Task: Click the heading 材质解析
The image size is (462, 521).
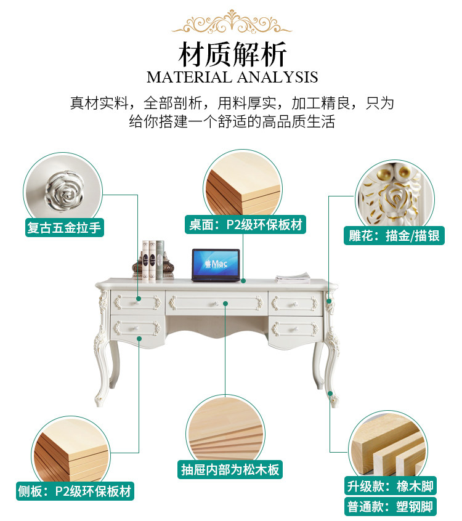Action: point(232,54)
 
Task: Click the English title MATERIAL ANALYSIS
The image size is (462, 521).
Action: point(232,78)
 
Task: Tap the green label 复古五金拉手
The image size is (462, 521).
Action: point(63,228)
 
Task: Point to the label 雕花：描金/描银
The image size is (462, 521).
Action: point(394,235)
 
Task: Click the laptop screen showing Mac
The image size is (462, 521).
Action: point(215,264)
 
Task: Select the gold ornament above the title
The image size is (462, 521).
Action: point(231,22)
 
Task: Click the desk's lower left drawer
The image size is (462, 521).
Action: point(138,328)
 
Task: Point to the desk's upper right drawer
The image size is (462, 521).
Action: point(295,302)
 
